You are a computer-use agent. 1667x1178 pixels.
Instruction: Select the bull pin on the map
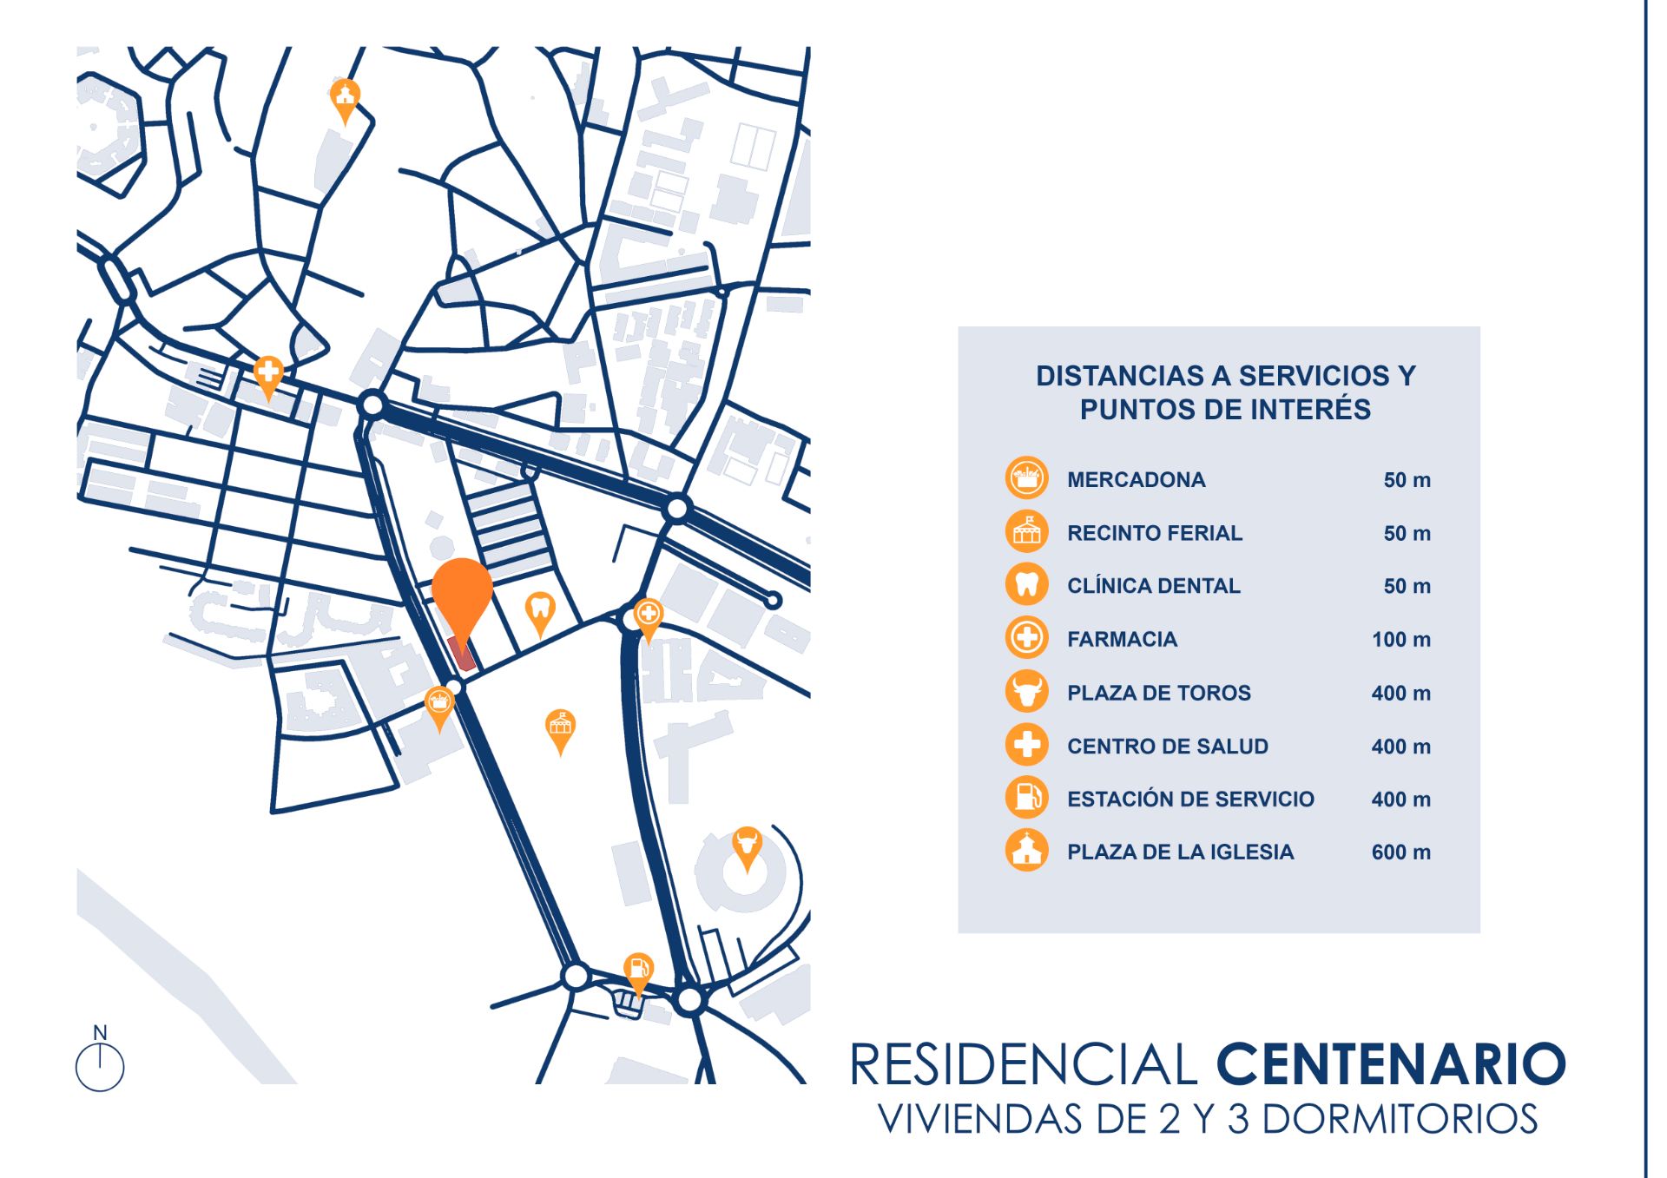pyautogui.click(x=747, y=845)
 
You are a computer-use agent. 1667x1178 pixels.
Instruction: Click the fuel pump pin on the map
pyautogui.click(x=638, y=971)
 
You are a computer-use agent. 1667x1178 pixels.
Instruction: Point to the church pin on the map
pyautogui.click(x=346, y=96)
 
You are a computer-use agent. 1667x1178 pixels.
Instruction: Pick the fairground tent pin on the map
pyautogui.click(x=560, y=727)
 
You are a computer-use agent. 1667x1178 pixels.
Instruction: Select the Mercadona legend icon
pyautogui.click(x=1026, y=478)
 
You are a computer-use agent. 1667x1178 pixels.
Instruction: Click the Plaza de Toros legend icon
pyautogui.click(x=1026, y=692)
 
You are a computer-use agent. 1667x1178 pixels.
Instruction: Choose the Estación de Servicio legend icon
pyautogui.click(x=1026, y=798)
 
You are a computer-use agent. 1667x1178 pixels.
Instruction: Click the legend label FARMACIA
pyautogui.click(x=1122, y=640)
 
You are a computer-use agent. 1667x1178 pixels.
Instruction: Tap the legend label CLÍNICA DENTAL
pyautogui.click(x=1153, y=586)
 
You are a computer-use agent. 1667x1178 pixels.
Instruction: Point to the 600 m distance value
pyautogui.click(x=1400, y=852)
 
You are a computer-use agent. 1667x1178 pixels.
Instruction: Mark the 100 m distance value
pyautogui.click(x=1400, y=640)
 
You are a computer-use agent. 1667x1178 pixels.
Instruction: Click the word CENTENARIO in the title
pyautogui.click(x=1390, y=1065)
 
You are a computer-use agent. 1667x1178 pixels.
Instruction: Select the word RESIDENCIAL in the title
pyautogui.click(x=1024, y=1065)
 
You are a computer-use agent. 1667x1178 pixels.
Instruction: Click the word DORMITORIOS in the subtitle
pyautogui.click(x=1399, y=1120)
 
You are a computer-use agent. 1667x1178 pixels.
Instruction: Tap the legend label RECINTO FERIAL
pyautogui.click(x=1154, y=533)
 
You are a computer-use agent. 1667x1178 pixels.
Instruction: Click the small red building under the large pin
pyautogui.click(x=462, y=654)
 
